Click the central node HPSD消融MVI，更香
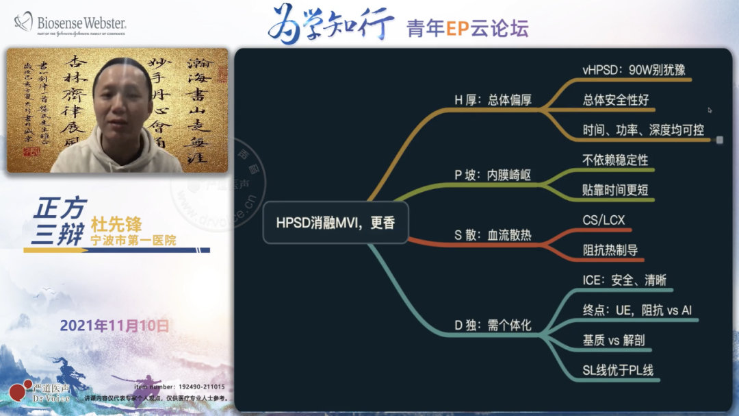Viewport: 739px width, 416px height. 335,223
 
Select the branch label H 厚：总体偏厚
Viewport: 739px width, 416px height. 493,100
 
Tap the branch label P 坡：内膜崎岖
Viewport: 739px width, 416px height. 493,175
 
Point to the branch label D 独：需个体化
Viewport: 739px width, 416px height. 493,325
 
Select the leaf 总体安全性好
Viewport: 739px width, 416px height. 615,100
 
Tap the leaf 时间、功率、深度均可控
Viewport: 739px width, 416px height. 643,130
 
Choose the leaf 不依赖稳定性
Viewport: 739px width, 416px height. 615,160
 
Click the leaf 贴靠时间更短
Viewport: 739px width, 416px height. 615,190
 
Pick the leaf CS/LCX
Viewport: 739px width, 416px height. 604,221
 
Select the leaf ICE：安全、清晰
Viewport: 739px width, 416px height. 624,280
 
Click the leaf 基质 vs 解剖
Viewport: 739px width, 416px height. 613,341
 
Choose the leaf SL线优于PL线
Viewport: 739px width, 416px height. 618,371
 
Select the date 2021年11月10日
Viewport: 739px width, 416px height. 114,326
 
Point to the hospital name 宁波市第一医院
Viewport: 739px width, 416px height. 133,241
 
